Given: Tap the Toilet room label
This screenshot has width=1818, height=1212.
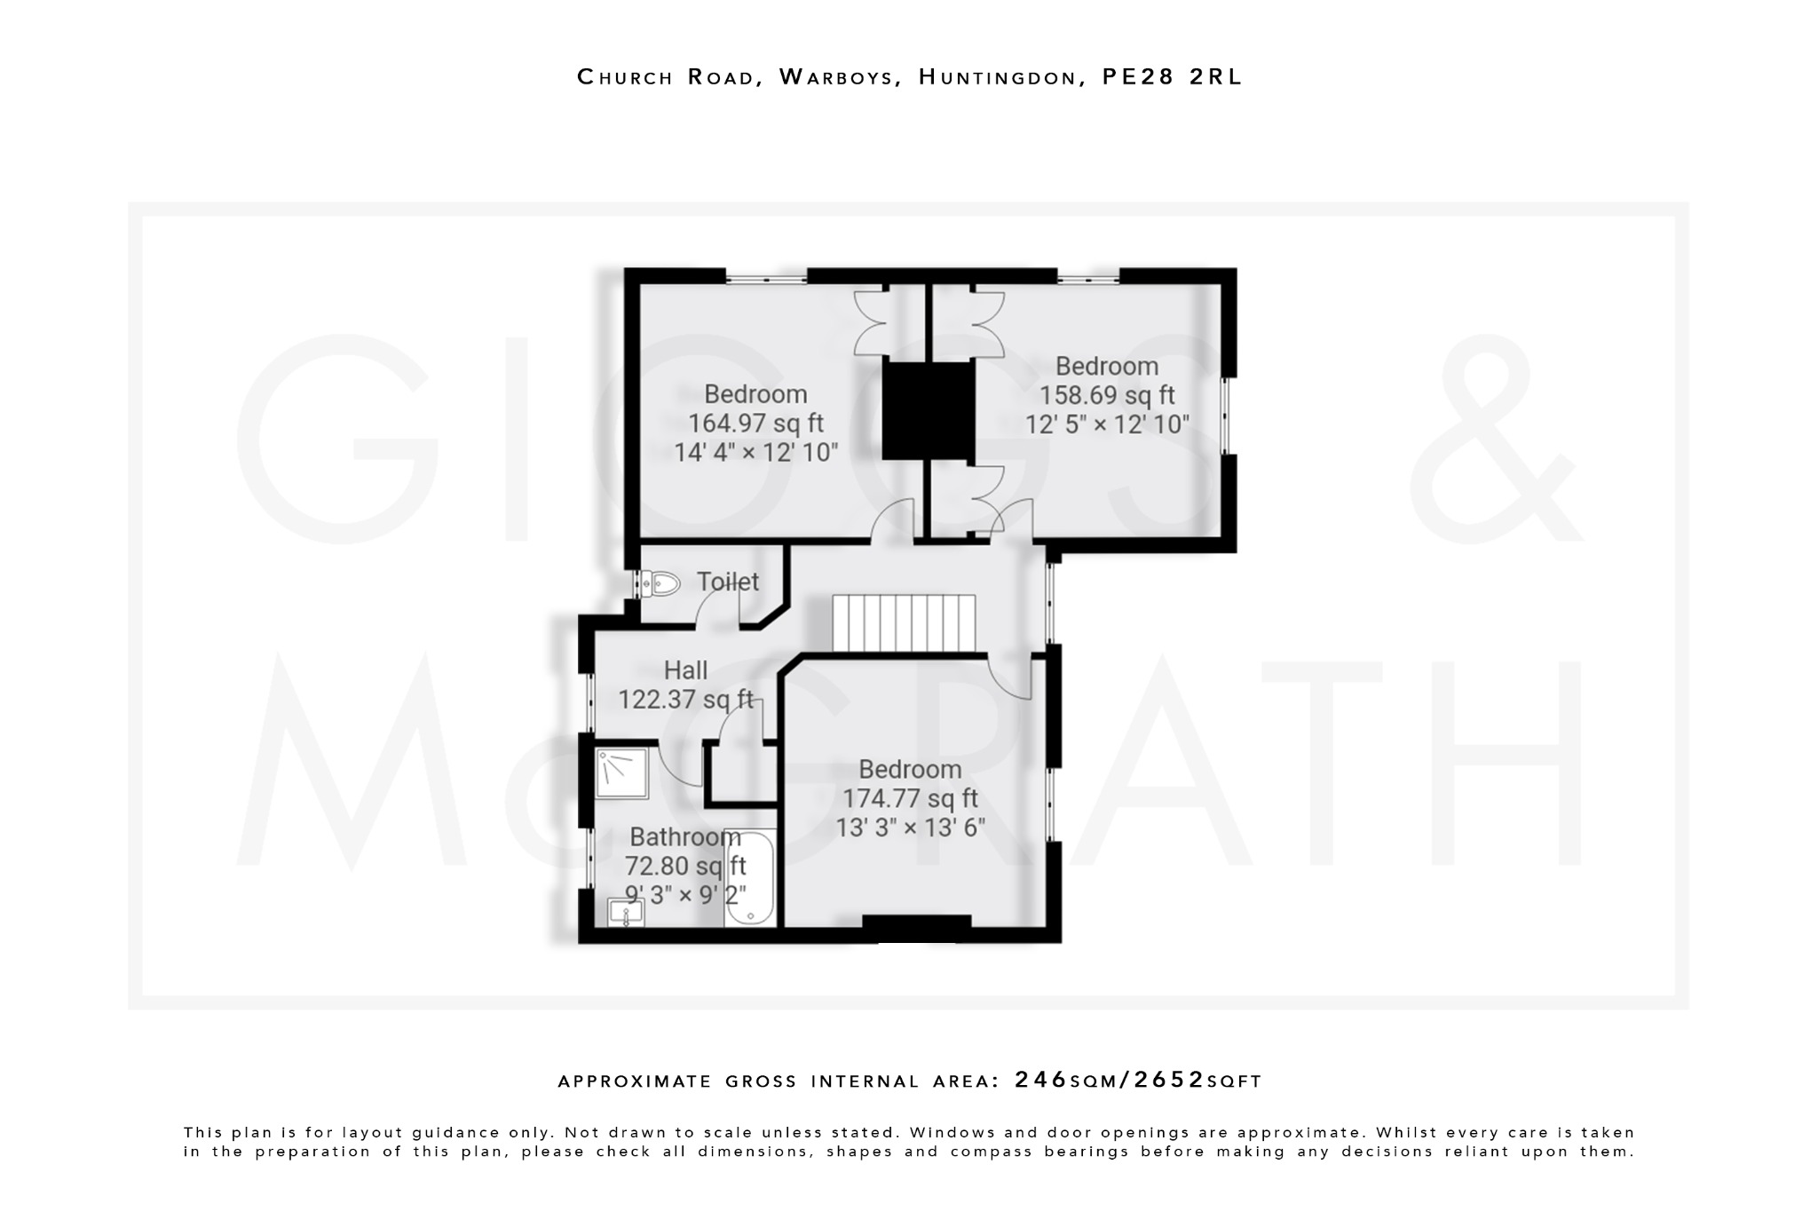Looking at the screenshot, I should [x=727, y=582].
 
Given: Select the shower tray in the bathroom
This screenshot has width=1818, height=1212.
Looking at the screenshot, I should [x=621, y=772].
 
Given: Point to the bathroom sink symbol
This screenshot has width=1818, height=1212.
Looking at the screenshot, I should [x=626, y=912].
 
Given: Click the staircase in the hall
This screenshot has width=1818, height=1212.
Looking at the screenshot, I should [x=904, y=623].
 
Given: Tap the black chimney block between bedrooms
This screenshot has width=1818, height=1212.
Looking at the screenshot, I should [x=929, y=410].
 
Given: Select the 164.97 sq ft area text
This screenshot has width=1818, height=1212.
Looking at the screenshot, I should [x=755, y=423].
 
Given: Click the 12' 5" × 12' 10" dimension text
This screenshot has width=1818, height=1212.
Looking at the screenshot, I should [x=1107, y=424].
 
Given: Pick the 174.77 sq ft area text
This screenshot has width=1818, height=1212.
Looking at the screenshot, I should [x=910, y=798].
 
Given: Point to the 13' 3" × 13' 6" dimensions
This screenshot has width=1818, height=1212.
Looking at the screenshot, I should [x=910, y=828].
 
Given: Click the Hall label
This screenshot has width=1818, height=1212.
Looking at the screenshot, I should [x=685, y=670].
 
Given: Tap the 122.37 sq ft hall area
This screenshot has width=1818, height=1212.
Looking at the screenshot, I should [x=685, y=700].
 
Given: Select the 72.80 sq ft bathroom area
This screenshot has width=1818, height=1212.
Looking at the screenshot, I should [x=685, y=865].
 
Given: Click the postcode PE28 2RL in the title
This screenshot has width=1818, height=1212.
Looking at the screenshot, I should [x=1172, y=77].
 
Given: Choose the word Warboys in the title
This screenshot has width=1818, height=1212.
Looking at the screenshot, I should [x=836, y=77].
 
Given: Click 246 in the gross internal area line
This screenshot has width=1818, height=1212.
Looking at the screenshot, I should [x=1041, y=1080].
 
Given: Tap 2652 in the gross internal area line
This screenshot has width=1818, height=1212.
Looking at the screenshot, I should [x=1169, y=1080].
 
